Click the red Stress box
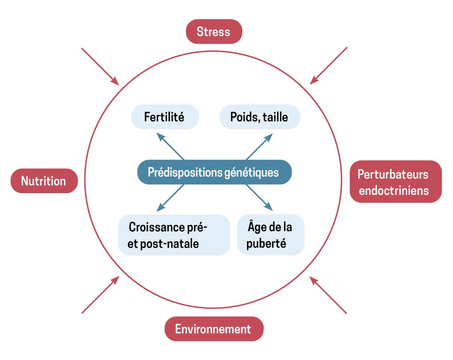[214, 32]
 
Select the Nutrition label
[44, 181]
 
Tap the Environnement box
[214, 329]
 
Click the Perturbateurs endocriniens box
[395, 182]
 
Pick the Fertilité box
[165, 117]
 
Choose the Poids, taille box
[259, 117]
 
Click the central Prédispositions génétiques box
[214, 172]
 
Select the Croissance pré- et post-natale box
[174, 235]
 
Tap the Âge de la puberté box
[270, 235]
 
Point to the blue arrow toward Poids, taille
[259, 147]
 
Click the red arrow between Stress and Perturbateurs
[328, 66]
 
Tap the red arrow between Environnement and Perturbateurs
[328, 295]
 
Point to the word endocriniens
[394, 191]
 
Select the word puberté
[266, 244]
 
